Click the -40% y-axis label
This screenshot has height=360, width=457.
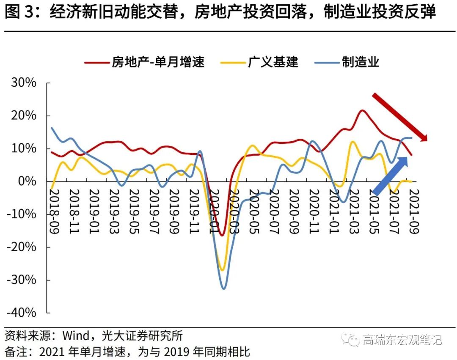pyautogui.click(x=21, y=313)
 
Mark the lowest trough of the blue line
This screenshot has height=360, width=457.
pyautogui.click(x=223, y=289)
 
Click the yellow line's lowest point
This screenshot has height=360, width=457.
pyautogui.click(x=222, y=270)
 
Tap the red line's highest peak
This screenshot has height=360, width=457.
pyautogui.click(x=363, y=110)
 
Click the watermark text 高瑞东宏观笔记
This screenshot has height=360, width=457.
pyautogui.click(x=402, y=339)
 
